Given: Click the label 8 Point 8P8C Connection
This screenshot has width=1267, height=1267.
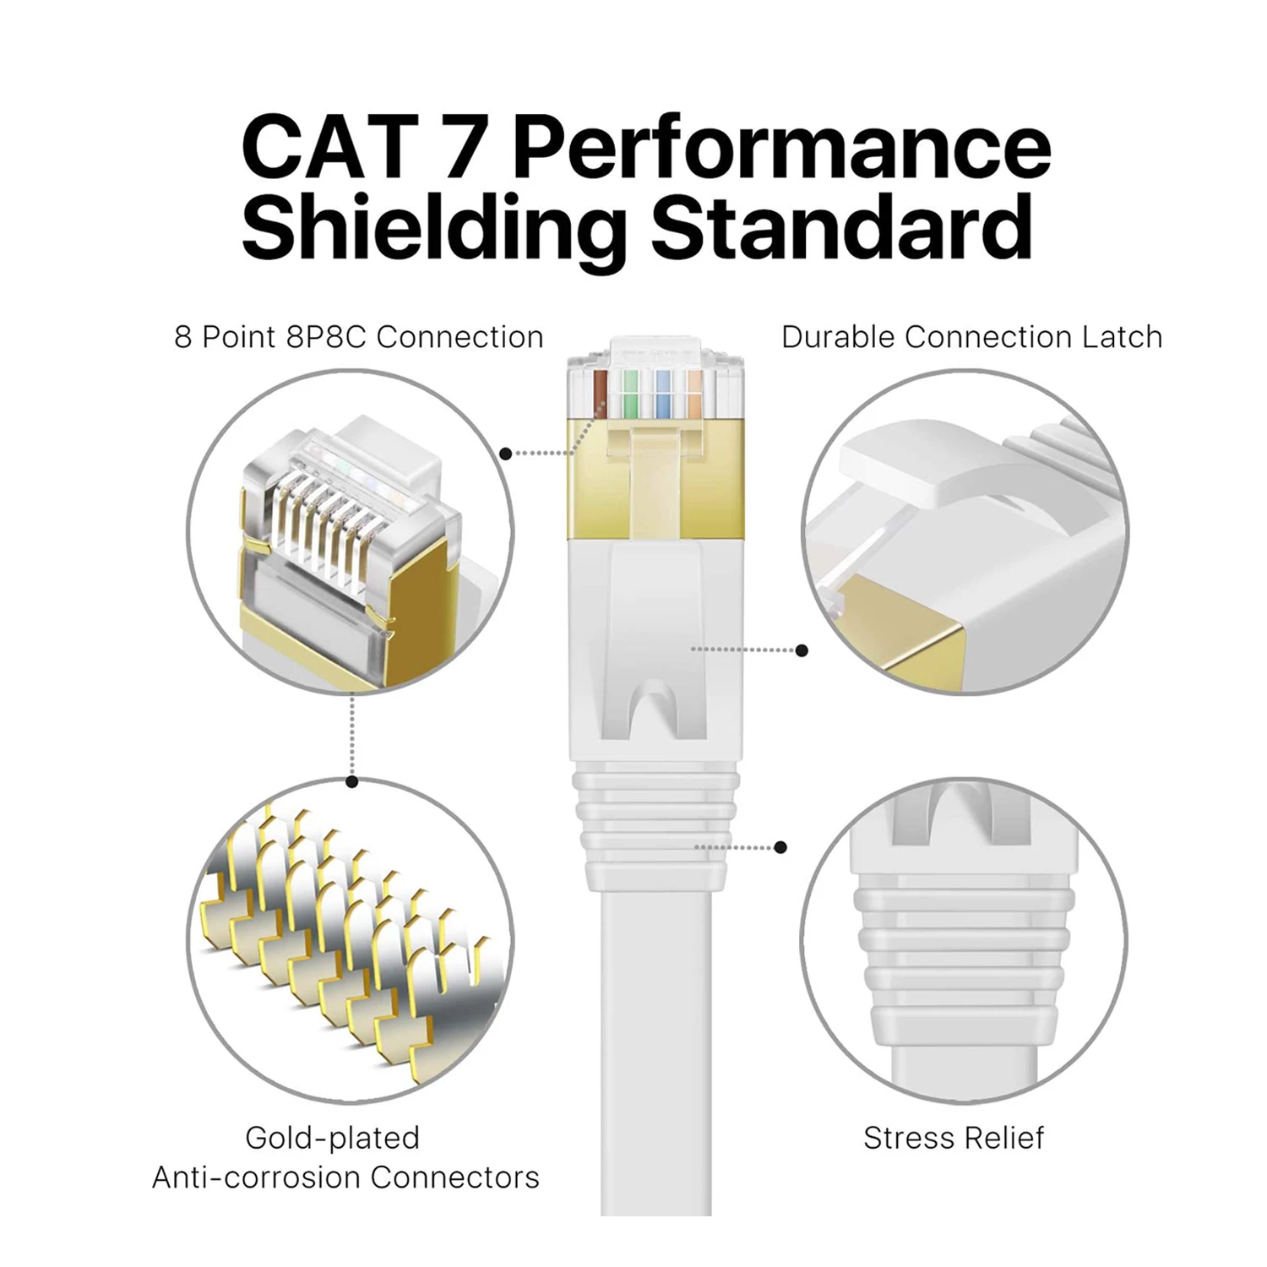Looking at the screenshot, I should point(358,337).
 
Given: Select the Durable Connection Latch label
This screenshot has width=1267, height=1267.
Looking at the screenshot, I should point(971,337).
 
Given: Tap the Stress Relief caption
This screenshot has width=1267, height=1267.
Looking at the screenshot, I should point(953,1138).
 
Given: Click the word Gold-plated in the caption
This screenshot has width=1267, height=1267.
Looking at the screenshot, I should point(332,1138).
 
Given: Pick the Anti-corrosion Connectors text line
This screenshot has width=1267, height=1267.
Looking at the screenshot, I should point(345,1177).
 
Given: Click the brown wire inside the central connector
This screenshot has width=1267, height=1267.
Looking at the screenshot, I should point(601,391).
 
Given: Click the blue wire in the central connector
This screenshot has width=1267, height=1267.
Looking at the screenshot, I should point(665,391).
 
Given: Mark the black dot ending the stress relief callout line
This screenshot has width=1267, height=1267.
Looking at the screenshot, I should point(780,846).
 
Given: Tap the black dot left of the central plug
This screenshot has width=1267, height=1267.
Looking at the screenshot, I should point(505,454).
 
